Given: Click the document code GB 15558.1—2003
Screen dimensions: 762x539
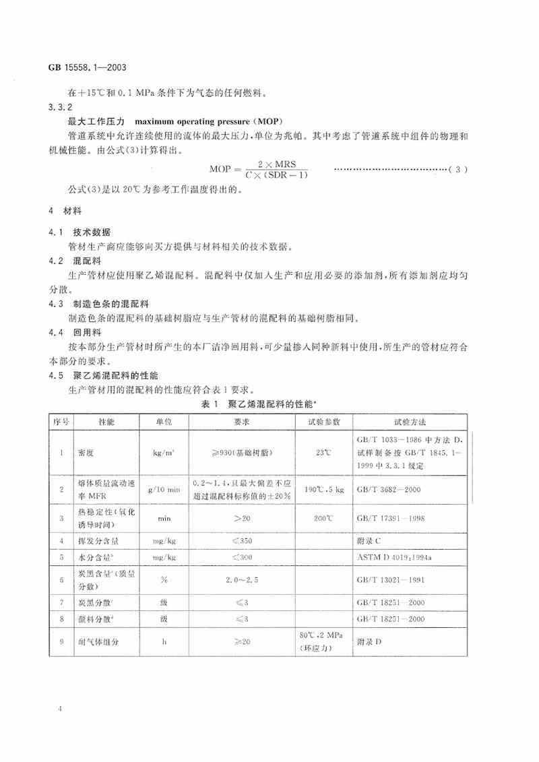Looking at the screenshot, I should click(85, 67).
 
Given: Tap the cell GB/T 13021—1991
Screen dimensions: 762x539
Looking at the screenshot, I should click(389, 579).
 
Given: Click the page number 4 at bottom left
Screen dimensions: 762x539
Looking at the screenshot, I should click(61, 709).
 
